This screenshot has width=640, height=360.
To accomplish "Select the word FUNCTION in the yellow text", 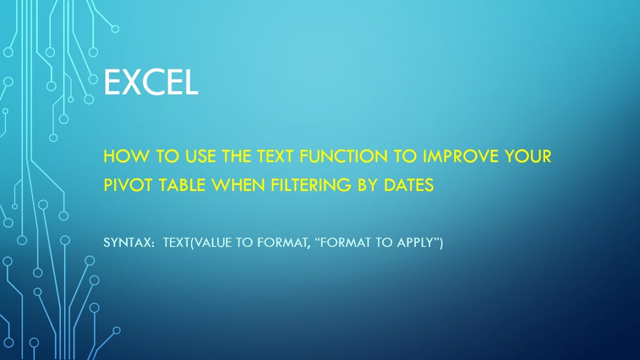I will click(343, 156).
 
